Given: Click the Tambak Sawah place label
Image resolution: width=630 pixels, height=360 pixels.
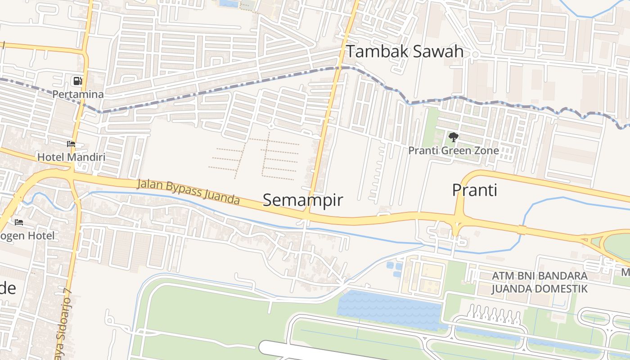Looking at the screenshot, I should pos(405,51).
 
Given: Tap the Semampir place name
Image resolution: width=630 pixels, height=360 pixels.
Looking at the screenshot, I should pos(302,200).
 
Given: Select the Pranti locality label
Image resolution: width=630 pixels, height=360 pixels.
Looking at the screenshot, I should pos(474,190).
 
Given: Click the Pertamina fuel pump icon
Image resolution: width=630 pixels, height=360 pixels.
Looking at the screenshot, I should pos(78,81).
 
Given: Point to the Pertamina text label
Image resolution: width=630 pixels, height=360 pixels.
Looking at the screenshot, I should pos(78,94).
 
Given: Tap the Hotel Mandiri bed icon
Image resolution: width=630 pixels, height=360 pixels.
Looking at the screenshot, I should pos(71,144).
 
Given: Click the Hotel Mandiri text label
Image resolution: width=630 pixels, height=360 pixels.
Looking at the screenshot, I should pos(71,157).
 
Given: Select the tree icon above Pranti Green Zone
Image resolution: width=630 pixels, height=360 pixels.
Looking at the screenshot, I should pos(454,137).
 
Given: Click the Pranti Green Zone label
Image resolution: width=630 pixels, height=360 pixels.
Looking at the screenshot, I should pos(454,150).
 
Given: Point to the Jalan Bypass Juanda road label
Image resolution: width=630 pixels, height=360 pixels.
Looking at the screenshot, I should pos(188,192).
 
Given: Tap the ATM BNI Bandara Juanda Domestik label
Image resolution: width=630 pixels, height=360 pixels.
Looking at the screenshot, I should pos(539,282).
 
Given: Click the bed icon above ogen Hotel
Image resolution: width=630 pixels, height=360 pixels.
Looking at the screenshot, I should pos(19,222).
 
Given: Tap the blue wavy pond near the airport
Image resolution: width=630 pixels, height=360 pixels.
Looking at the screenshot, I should pos(389,310).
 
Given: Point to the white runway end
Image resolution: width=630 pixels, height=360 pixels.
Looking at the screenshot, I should pos(270,348).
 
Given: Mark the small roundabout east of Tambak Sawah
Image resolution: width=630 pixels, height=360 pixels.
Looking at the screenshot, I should pos(475,54).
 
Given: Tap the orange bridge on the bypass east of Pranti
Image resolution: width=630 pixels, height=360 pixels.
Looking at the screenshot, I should pos(522,230).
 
